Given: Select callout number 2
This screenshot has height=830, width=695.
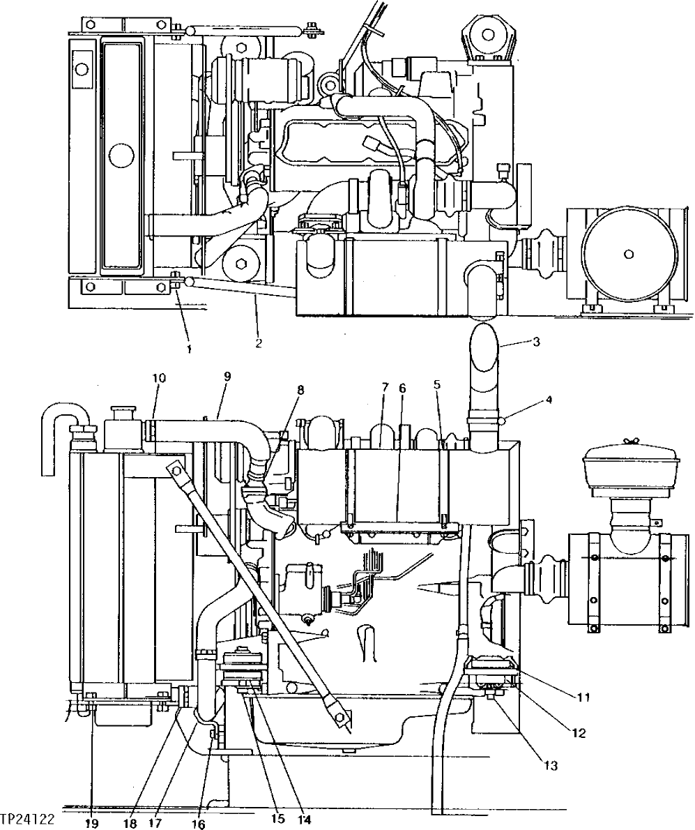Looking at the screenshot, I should point(259,342).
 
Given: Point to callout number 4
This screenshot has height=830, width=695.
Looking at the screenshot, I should point(549,400).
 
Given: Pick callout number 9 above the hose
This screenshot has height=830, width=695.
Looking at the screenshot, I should point(227,376).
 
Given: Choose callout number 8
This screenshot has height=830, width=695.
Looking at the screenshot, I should point(300,390).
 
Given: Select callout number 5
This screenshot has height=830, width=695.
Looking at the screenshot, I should point(437,384).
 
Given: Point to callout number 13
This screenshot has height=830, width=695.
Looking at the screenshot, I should point(551,766).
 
